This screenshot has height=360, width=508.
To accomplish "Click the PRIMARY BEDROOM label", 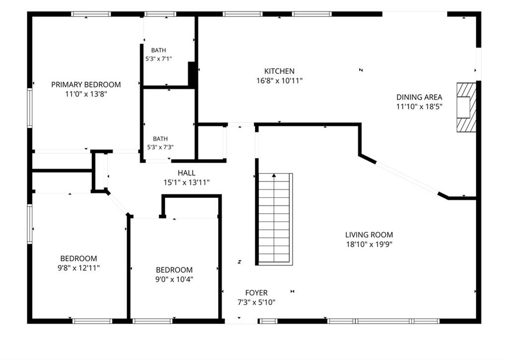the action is point(86,84).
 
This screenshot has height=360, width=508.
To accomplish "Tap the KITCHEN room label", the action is point(279,71).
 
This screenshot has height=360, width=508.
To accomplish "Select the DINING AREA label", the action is point(419,97).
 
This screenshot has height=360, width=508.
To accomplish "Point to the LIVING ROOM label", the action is point(369,235).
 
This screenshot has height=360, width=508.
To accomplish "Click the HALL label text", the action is point(187,173).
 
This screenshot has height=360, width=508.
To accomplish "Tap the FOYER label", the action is point(256,293).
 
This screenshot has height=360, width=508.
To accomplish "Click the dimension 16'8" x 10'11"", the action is point(279,81).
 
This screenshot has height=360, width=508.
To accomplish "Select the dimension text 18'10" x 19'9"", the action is point(369,244).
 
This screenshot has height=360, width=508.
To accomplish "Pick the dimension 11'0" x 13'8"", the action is point(86,94).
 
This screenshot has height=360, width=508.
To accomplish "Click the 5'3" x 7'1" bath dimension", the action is point(158,59).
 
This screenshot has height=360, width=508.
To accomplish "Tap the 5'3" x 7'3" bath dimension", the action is point(160,147).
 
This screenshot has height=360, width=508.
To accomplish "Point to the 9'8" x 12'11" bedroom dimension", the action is point(78,268).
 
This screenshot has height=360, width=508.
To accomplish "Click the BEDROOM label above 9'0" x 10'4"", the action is point(174,270).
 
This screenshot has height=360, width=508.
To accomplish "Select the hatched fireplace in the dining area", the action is point(466,108).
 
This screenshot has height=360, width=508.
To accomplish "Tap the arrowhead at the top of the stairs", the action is point(274,176).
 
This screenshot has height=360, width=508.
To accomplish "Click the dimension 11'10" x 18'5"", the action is point(419,107).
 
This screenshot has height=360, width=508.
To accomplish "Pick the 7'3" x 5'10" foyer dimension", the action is point(256,302).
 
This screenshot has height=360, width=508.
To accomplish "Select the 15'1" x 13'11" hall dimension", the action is point(187,182).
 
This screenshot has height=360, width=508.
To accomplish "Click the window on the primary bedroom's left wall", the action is point(30,108).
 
